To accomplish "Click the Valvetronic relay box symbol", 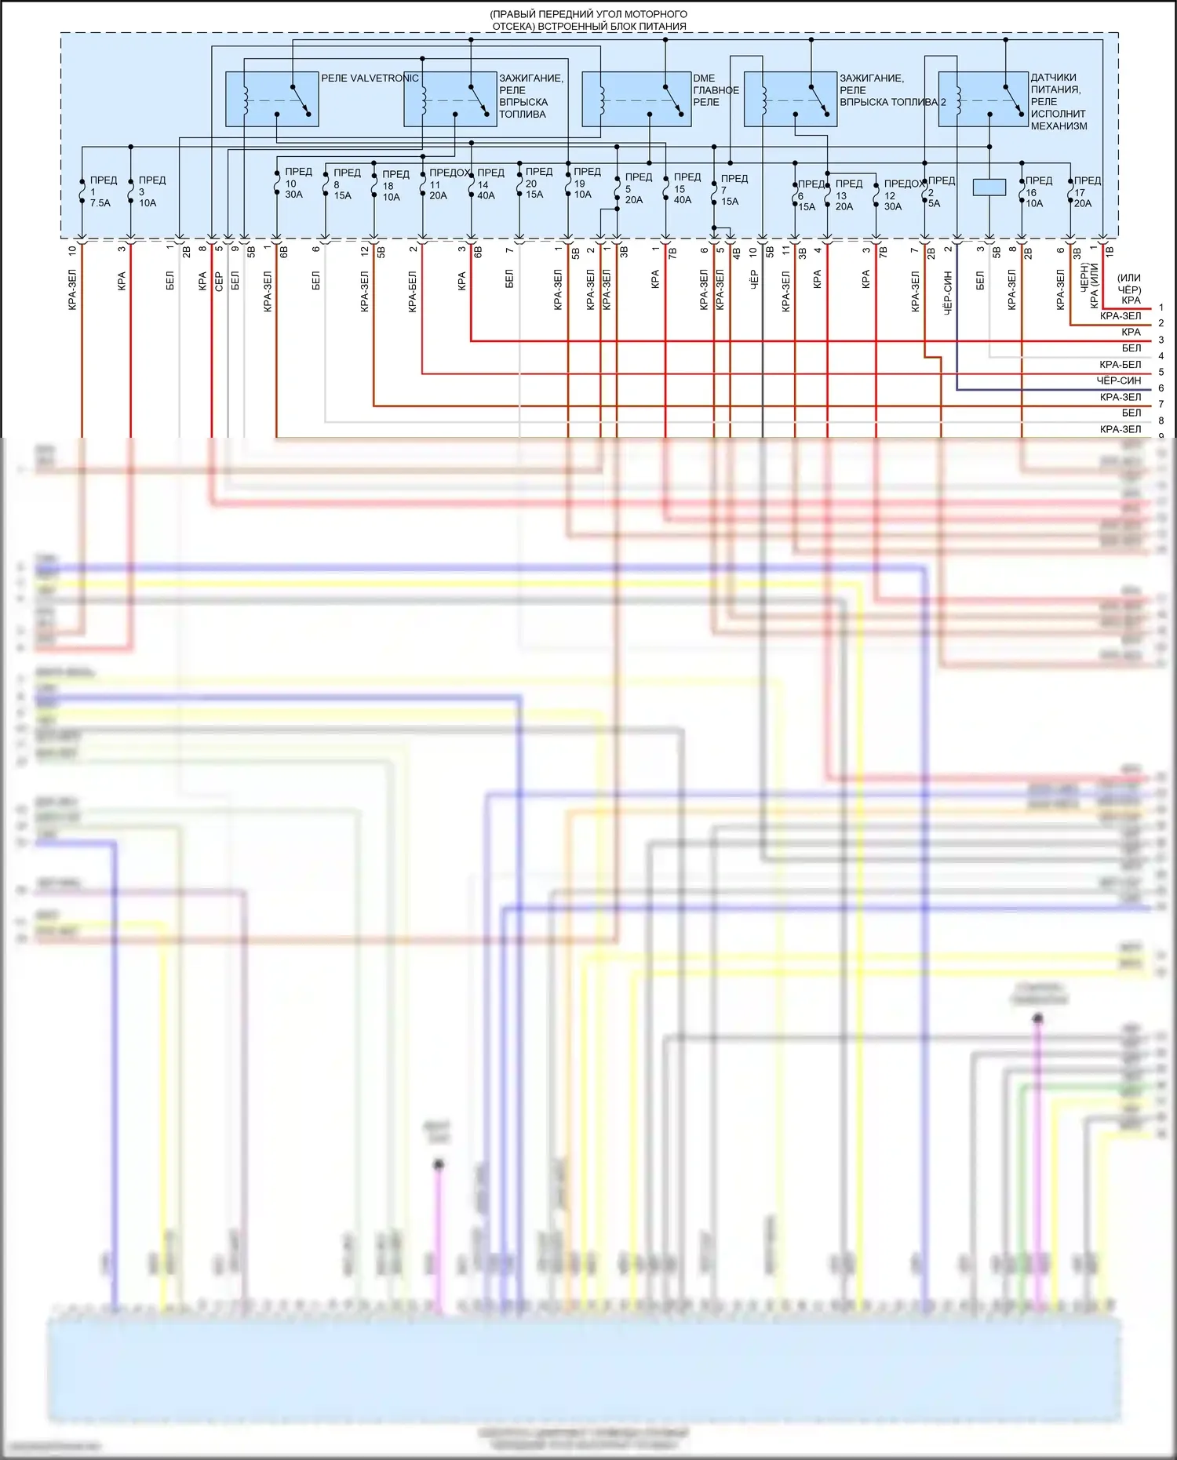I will click(x=271, y=99).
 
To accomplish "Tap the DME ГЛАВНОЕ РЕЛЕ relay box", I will click(x=636, y=99).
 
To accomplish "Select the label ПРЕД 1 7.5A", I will click(x=100, y=191).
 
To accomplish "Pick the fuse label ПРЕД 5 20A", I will click(x=637, y=188).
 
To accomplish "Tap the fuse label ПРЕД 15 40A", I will click(x=686, y=188).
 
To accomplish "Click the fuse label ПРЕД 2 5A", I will click(x=940, y=191).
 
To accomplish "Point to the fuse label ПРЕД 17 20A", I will click(x=1086, y=191).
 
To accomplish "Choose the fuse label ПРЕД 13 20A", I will click(x=847, y=195).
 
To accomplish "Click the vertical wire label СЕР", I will click(x=219, y=281).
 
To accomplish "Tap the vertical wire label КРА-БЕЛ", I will click(x=413, y=292).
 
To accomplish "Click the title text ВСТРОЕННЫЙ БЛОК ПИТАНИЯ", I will click(x=589, y=26).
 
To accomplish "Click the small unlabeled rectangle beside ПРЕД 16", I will click(x=989, y=188).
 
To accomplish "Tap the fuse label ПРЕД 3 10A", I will click(x=151, y=191).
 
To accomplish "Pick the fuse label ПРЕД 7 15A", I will click(x=733, y=190).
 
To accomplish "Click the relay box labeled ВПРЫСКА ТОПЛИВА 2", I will click(x=790, y=99).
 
